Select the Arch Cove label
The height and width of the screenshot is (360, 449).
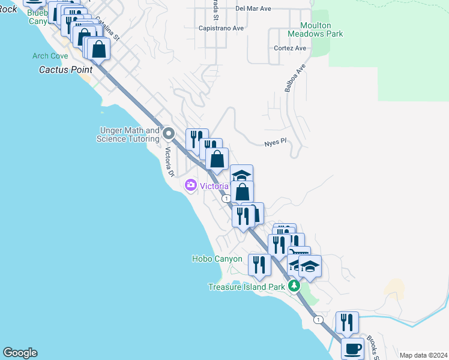coord(50,56)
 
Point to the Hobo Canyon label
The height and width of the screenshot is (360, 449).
coord(217,259)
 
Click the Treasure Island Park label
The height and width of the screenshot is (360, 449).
coord(247,287)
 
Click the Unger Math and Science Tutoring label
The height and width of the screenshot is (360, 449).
coord(128,134)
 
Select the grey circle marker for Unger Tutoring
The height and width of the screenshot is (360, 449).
coord(169,134)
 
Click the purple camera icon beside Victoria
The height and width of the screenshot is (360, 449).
coord(191,185)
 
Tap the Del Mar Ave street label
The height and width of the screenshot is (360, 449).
coord(253,9)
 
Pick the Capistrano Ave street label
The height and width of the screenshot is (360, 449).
coord(221,28)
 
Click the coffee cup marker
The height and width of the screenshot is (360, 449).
coord(353,348)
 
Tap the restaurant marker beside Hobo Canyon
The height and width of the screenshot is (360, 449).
coord(259,265)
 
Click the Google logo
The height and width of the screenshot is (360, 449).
coord(20,353)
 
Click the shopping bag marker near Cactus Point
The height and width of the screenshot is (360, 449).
coord(99,49)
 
